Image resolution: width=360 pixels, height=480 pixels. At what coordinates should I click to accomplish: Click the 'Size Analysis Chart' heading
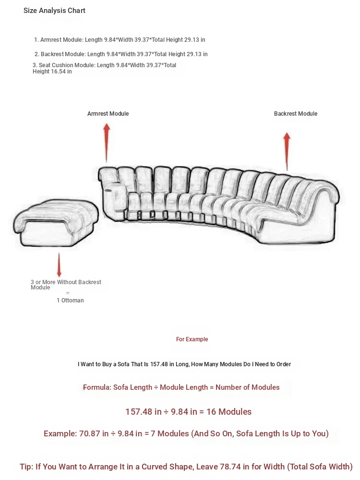tap(54, 11)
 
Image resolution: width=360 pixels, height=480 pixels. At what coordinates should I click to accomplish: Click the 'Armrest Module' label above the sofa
tap(108, 114)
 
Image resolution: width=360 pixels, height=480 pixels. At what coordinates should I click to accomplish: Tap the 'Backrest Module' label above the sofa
tap(296, 114)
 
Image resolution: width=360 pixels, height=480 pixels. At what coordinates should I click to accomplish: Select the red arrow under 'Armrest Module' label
tap(107, 142)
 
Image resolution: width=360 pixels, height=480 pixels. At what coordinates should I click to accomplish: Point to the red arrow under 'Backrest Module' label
tap(287, 151)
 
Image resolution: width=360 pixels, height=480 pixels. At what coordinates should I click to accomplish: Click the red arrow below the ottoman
tap(60, 264)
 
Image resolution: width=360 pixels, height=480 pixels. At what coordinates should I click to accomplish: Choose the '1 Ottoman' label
tap(70, 300)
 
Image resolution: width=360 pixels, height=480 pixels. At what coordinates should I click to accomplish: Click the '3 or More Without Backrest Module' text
tap(66, 285)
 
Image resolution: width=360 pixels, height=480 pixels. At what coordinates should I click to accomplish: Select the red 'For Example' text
tap(192, 339)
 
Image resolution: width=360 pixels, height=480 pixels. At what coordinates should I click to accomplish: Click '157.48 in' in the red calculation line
tap(144, 412)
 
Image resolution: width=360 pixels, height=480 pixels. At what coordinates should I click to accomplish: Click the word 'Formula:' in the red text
tap(97, 387)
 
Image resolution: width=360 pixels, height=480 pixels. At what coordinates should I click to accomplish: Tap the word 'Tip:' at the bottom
tap(26, 467)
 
